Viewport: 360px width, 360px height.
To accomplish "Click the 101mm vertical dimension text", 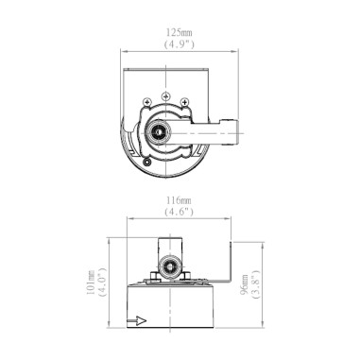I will click(91, 283).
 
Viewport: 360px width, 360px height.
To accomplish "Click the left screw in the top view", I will click(146, 103).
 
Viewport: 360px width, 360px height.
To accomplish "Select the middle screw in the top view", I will click(165, 97).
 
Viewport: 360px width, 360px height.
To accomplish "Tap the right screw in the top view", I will click(185, 103).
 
